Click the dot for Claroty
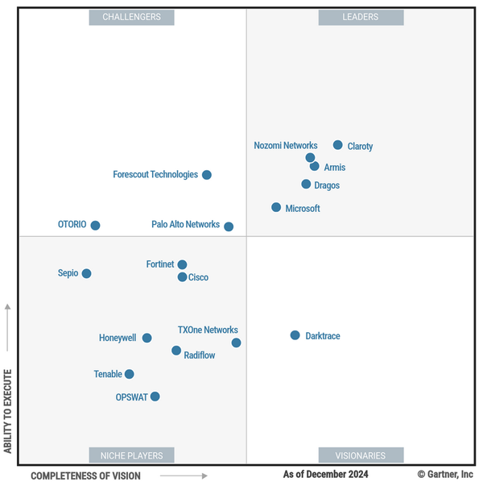338,145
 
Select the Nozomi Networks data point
310,157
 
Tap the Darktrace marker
295,335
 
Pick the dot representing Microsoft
276,207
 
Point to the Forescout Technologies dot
207,175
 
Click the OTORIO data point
95,226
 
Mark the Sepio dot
86,273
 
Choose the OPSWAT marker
155,397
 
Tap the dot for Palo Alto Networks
229,226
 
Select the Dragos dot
306,184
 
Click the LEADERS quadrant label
360,17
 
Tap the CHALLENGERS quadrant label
131,17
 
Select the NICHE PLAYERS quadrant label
131,455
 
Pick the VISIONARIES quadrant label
360,455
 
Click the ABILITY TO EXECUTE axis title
8,411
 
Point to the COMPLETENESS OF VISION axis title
85,476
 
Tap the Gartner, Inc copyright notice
445,475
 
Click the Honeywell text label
118,339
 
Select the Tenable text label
108,374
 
